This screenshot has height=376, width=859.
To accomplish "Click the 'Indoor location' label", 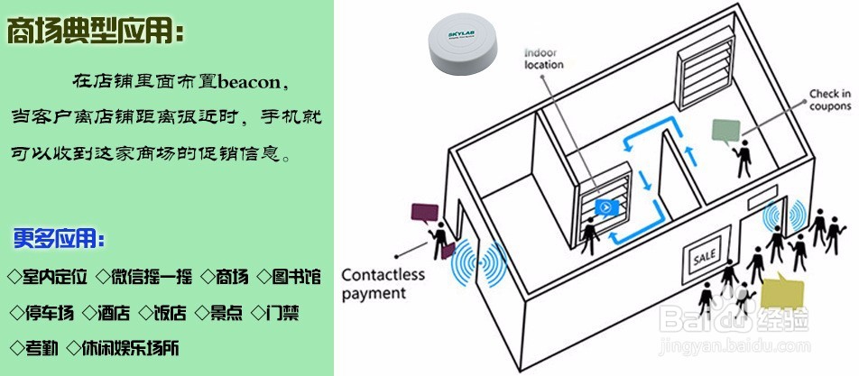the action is [x=544, y=59].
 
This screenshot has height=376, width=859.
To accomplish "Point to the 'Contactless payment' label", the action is [x=373, y=282].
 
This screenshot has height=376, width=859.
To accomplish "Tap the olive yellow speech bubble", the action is [x=781, y=293].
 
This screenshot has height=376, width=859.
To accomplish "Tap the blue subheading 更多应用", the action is [x=59, y=240].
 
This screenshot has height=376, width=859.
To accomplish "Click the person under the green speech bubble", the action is [x=744, y=159].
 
